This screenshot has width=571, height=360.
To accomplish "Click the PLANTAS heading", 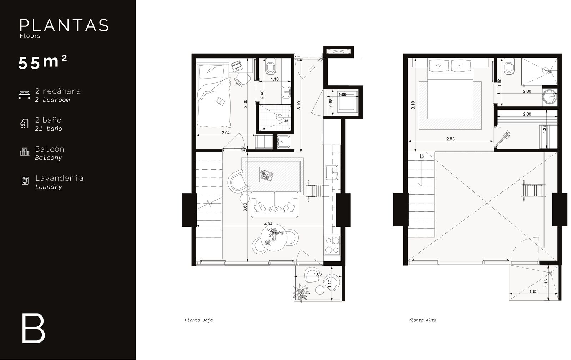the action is point(64,25).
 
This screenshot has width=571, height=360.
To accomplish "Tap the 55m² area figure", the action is point(43,62).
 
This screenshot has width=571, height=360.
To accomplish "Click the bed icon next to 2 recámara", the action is point(25,95).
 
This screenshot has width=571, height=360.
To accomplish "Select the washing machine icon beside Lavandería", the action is point(25,181).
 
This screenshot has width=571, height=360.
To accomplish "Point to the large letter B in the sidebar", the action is point(34,329).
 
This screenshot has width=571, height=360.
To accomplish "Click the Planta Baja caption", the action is point(198,320).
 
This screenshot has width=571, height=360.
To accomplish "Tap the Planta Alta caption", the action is point(422,320).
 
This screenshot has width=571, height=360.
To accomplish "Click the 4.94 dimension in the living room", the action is point(268,224).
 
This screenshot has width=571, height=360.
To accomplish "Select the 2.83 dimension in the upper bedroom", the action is point(450,139).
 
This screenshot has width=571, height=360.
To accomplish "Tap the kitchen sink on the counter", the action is point(332,172).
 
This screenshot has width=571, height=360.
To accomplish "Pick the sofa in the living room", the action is point(274,204).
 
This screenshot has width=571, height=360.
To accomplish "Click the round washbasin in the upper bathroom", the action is point(550,97).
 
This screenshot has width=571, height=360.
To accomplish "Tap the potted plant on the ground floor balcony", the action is point(301,292).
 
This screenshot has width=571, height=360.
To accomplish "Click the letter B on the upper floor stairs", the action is point(421,156).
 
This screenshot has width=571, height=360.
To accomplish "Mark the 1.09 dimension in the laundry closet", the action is point(342,95).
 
